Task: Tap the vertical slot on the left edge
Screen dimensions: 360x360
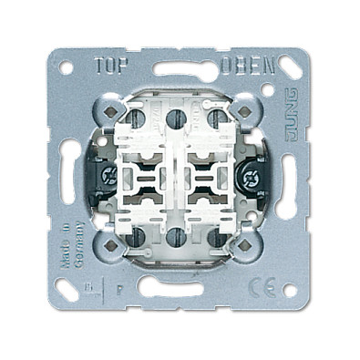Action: click(68, 179)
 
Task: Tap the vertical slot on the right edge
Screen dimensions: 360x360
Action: click(293, 179)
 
